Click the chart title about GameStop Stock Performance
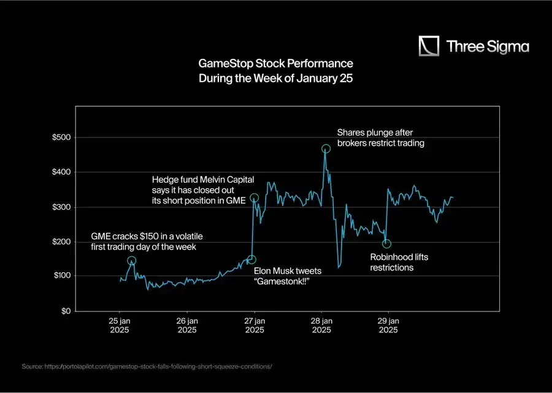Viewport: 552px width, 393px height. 275,71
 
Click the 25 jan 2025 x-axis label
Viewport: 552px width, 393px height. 120,325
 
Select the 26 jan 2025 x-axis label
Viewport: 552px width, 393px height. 187,325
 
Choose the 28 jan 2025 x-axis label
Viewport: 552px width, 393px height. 321,325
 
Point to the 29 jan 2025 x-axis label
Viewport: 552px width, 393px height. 388,325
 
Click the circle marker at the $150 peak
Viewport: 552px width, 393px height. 131,261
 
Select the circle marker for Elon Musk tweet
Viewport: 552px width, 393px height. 251,259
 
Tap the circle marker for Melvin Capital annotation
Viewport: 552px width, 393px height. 255,197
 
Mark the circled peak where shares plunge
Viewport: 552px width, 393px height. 326,148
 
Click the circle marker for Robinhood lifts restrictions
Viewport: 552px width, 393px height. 386,244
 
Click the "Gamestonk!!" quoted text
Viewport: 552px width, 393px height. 282,281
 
